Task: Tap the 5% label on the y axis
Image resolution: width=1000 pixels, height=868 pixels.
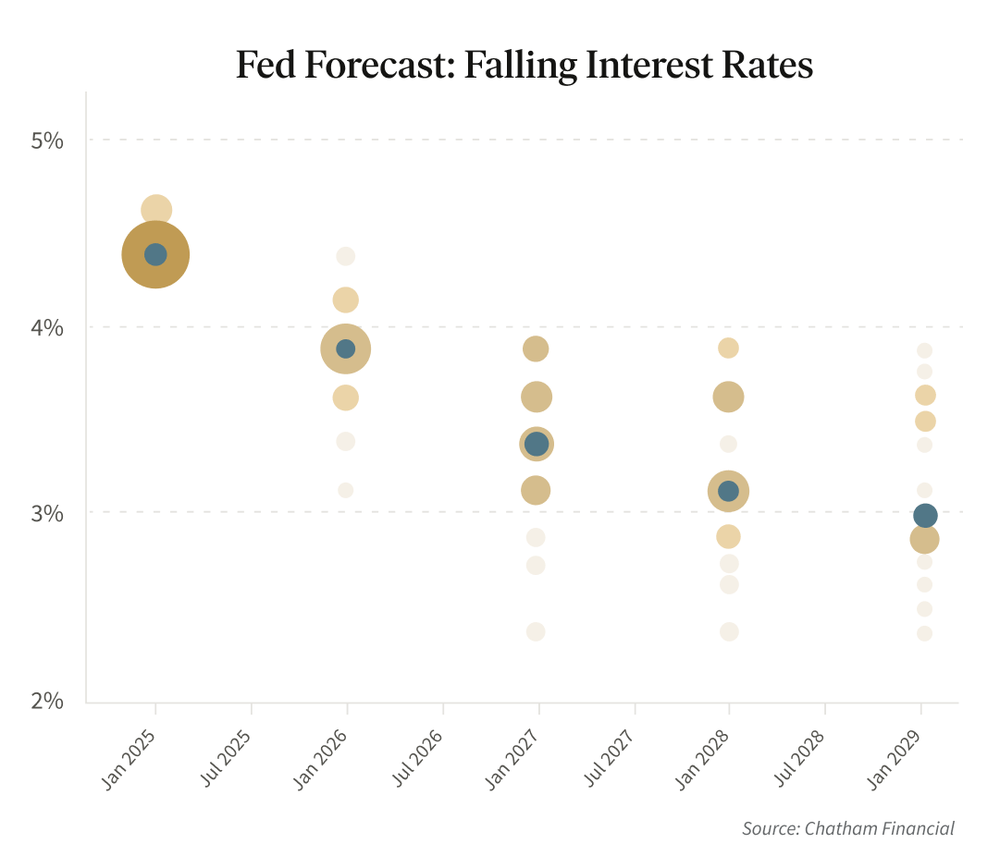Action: tap(47, 141)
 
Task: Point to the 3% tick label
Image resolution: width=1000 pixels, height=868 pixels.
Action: tap(47, 513)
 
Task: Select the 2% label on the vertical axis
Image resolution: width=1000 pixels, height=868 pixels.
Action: tap(47, 701)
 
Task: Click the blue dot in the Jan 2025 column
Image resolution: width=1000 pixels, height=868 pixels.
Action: tap(155, 254)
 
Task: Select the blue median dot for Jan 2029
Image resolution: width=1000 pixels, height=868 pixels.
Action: tap(925, 515)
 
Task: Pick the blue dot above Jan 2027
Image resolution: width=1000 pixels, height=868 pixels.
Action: tap(537, 444)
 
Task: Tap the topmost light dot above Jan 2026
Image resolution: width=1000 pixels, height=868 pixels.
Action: tap(346, 256)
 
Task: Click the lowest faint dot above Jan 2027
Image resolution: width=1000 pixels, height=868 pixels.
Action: tap(536, 632)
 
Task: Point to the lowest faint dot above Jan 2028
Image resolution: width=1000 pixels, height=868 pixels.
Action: tap(729, 632)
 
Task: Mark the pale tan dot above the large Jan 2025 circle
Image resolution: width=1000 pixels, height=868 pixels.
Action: tap(156, 210)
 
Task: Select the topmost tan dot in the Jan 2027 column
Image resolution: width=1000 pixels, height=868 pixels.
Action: tap(537, 348)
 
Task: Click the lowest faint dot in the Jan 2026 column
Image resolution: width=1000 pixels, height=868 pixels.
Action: tap(346, 490)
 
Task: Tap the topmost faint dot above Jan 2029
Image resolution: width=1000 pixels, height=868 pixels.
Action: tap(924, 350)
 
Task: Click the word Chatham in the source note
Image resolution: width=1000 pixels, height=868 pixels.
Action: tap(840, 828)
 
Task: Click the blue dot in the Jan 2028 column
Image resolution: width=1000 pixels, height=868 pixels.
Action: tap(728, 491)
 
